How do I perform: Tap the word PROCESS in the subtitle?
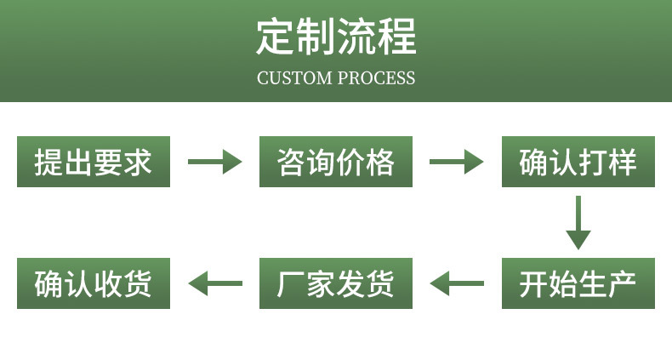(376, 78)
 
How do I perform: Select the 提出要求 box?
(94, 162)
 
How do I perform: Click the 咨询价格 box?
(336, 162)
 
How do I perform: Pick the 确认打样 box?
(578, 162)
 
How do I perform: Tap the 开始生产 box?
(578, 283)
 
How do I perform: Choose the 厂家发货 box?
(336, 283)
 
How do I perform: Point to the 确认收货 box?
(94, 283)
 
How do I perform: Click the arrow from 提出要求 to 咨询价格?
(214, 162)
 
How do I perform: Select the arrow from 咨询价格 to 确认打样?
(457, 162)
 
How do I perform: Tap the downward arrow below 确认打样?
(578, 222)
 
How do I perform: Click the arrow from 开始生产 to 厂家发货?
(457, 283)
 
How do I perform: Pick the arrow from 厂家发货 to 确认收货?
(214, 283)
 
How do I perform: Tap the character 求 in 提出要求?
(138, 162)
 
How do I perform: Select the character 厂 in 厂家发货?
(292, 283)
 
